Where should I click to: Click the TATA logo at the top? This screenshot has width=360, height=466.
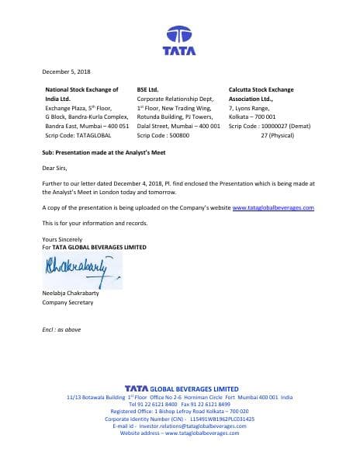[x=179, y=40]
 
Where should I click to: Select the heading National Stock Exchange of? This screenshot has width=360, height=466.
[x=81, y=91]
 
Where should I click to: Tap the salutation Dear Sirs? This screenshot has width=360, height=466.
[x=54, y=166]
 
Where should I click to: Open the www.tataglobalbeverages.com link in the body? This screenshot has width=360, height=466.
[x=272, y=208]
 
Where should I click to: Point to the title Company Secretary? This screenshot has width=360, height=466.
[x=67, y=302]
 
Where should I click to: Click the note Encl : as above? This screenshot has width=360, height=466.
[x=61, y=330]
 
